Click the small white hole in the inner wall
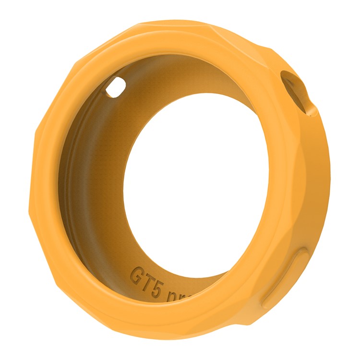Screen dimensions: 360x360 [115, 88]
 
